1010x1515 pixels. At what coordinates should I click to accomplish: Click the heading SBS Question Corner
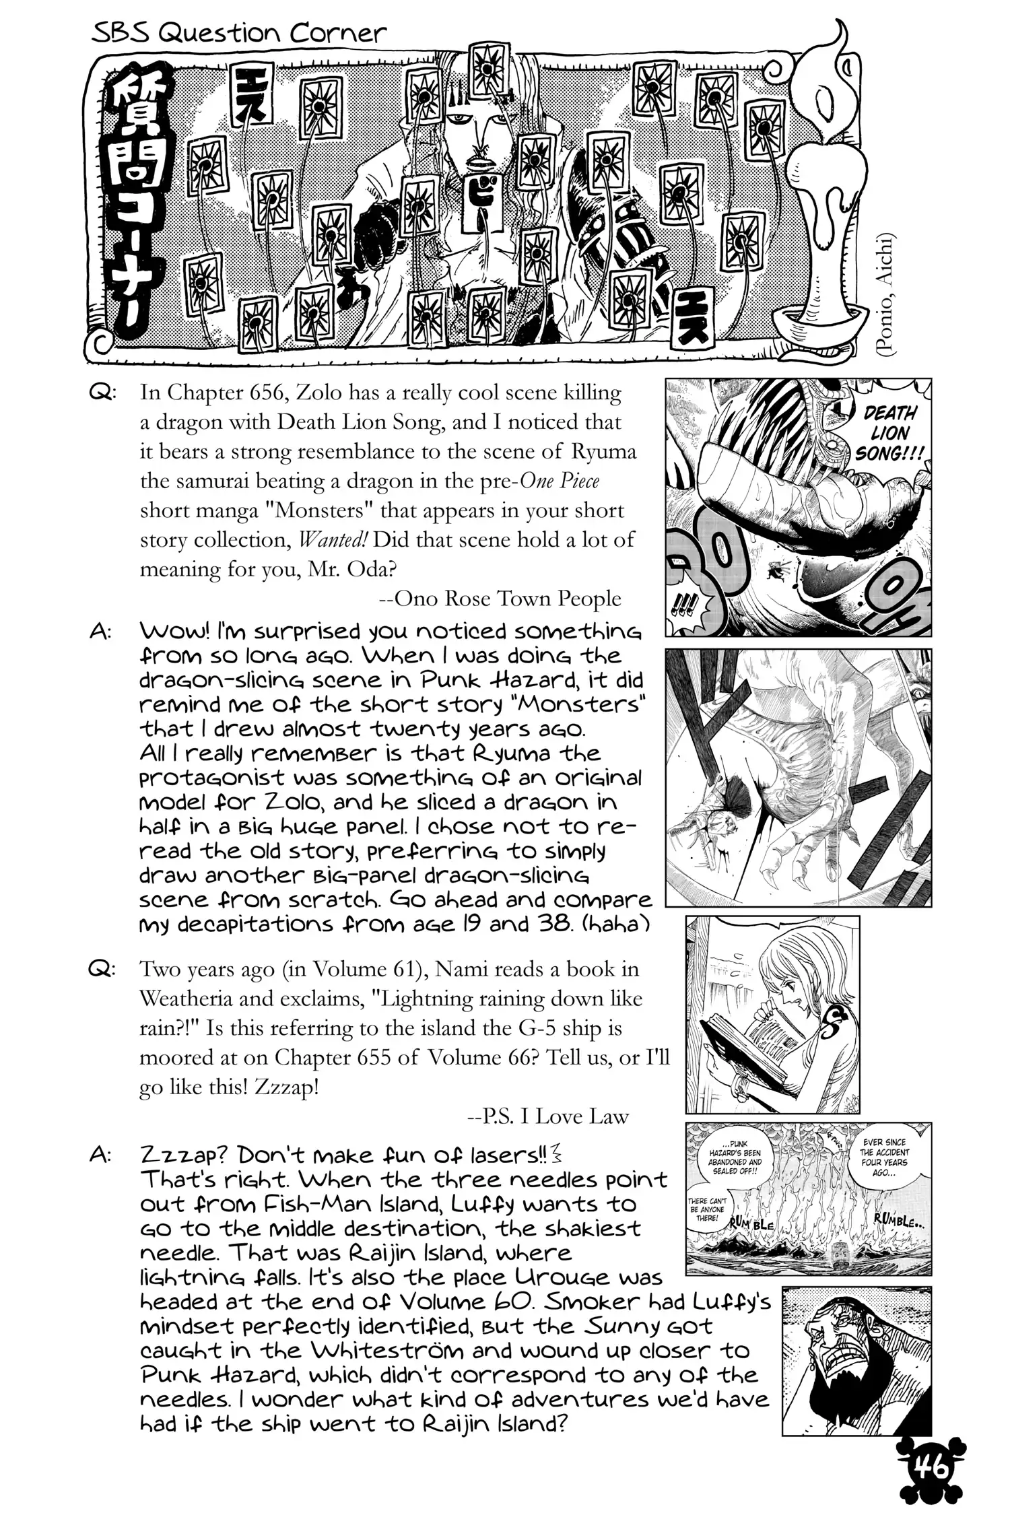click(x=239, y=33)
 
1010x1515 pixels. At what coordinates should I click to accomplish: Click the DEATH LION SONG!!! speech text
click(x=889, y=433)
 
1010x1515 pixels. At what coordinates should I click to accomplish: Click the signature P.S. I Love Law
click(x=547, y=1117)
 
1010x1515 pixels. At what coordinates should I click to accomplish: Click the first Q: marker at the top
click(x=102, y=393)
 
